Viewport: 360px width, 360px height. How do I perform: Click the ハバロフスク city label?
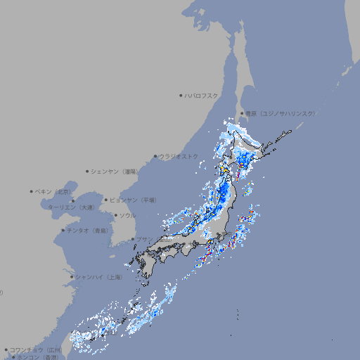click(202, 95)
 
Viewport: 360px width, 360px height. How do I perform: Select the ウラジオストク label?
click(179, 156)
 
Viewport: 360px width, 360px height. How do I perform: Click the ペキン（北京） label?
click(54, 191)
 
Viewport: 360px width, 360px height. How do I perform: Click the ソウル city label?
click(127, 215)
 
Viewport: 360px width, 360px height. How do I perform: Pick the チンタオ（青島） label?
click(88, 230)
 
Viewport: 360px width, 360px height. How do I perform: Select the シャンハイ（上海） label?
click(99, 277)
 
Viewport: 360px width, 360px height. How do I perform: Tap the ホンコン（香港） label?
click(38, 357)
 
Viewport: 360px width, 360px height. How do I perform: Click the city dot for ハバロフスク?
click(181, 95)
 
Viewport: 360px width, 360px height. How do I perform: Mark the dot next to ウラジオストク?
click(155, 156)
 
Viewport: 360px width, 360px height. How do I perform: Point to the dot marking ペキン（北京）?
click(32, 191)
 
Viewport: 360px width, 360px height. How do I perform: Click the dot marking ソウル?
click(115, 215)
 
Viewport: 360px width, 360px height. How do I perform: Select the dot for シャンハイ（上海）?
click(72, 277)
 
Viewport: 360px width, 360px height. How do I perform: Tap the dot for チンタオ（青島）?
click(63, 230)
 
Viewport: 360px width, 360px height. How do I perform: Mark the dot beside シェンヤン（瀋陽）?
click(88, 171)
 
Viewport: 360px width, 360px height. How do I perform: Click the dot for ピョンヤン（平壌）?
click(106, 200)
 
